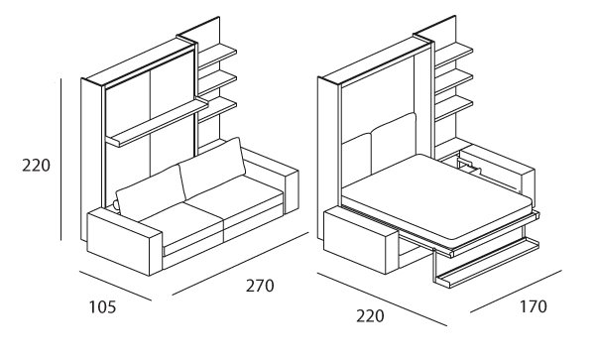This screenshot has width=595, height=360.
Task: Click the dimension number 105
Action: click(102, 307)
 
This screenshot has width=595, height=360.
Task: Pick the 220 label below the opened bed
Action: click(371, 317)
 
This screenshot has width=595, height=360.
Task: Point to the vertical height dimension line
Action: click(62, 159)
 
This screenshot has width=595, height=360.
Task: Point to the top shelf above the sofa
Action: click(218, 51)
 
